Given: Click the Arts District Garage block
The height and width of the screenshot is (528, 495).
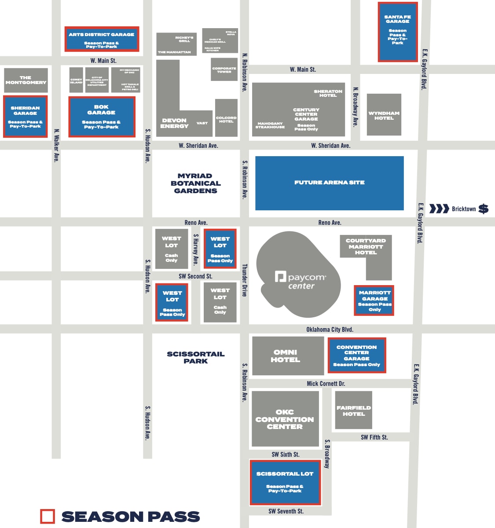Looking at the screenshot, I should tap(102, 39).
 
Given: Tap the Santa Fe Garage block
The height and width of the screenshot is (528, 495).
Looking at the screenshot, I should tap(397, 32).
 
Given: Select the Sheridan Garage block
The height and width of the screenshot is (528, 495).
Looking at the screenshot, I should tap(25, 117).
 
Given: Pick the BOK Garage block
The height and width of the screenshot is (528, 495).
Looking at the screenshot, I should tap(102, 117).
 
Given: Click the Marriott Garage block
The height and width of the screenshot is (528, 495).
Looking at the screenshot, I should tap(374, 301).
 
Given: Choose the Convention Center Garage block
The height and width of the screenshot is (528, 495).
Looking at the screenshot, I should tap(357, 356).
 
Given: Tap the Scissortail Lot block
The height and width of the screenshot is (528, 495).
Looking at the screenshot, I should tap(285, 482).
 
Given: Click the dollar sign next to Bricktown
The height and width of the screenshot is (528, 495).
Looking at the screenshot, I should tap(483, 209).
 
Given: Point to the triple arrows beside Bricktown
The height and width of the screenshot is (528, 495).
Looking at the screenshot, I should tap(439, 209).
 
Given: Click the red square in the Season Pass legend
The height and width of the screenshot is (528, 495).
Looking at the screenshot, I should tap(48, 517).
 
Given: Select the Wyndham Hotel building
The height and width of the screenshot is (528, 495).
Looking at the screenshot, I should tap(384, 114).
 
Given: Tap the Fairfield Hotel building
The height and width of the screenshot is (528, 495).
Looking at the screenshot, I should tap(353, 410).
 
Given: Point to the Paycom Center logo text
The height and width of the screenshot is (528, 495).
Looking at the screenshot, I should tap(301, 281).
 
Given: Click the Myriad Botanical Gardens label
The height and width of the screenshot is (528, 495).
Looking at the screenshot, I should tap(195, 183).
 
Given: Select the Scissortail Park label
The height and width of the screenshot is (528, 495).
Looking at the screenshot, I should tap(195, 357).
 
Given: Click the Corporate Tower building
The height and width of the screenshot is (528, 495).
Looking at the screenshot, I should tap(224, 70).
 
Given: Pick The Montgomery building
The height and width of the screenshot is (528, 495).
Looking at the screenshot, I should tap(26, 80).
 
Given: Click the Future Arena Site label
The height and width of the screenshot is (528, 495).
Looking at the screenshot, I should tap(329, 183).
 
